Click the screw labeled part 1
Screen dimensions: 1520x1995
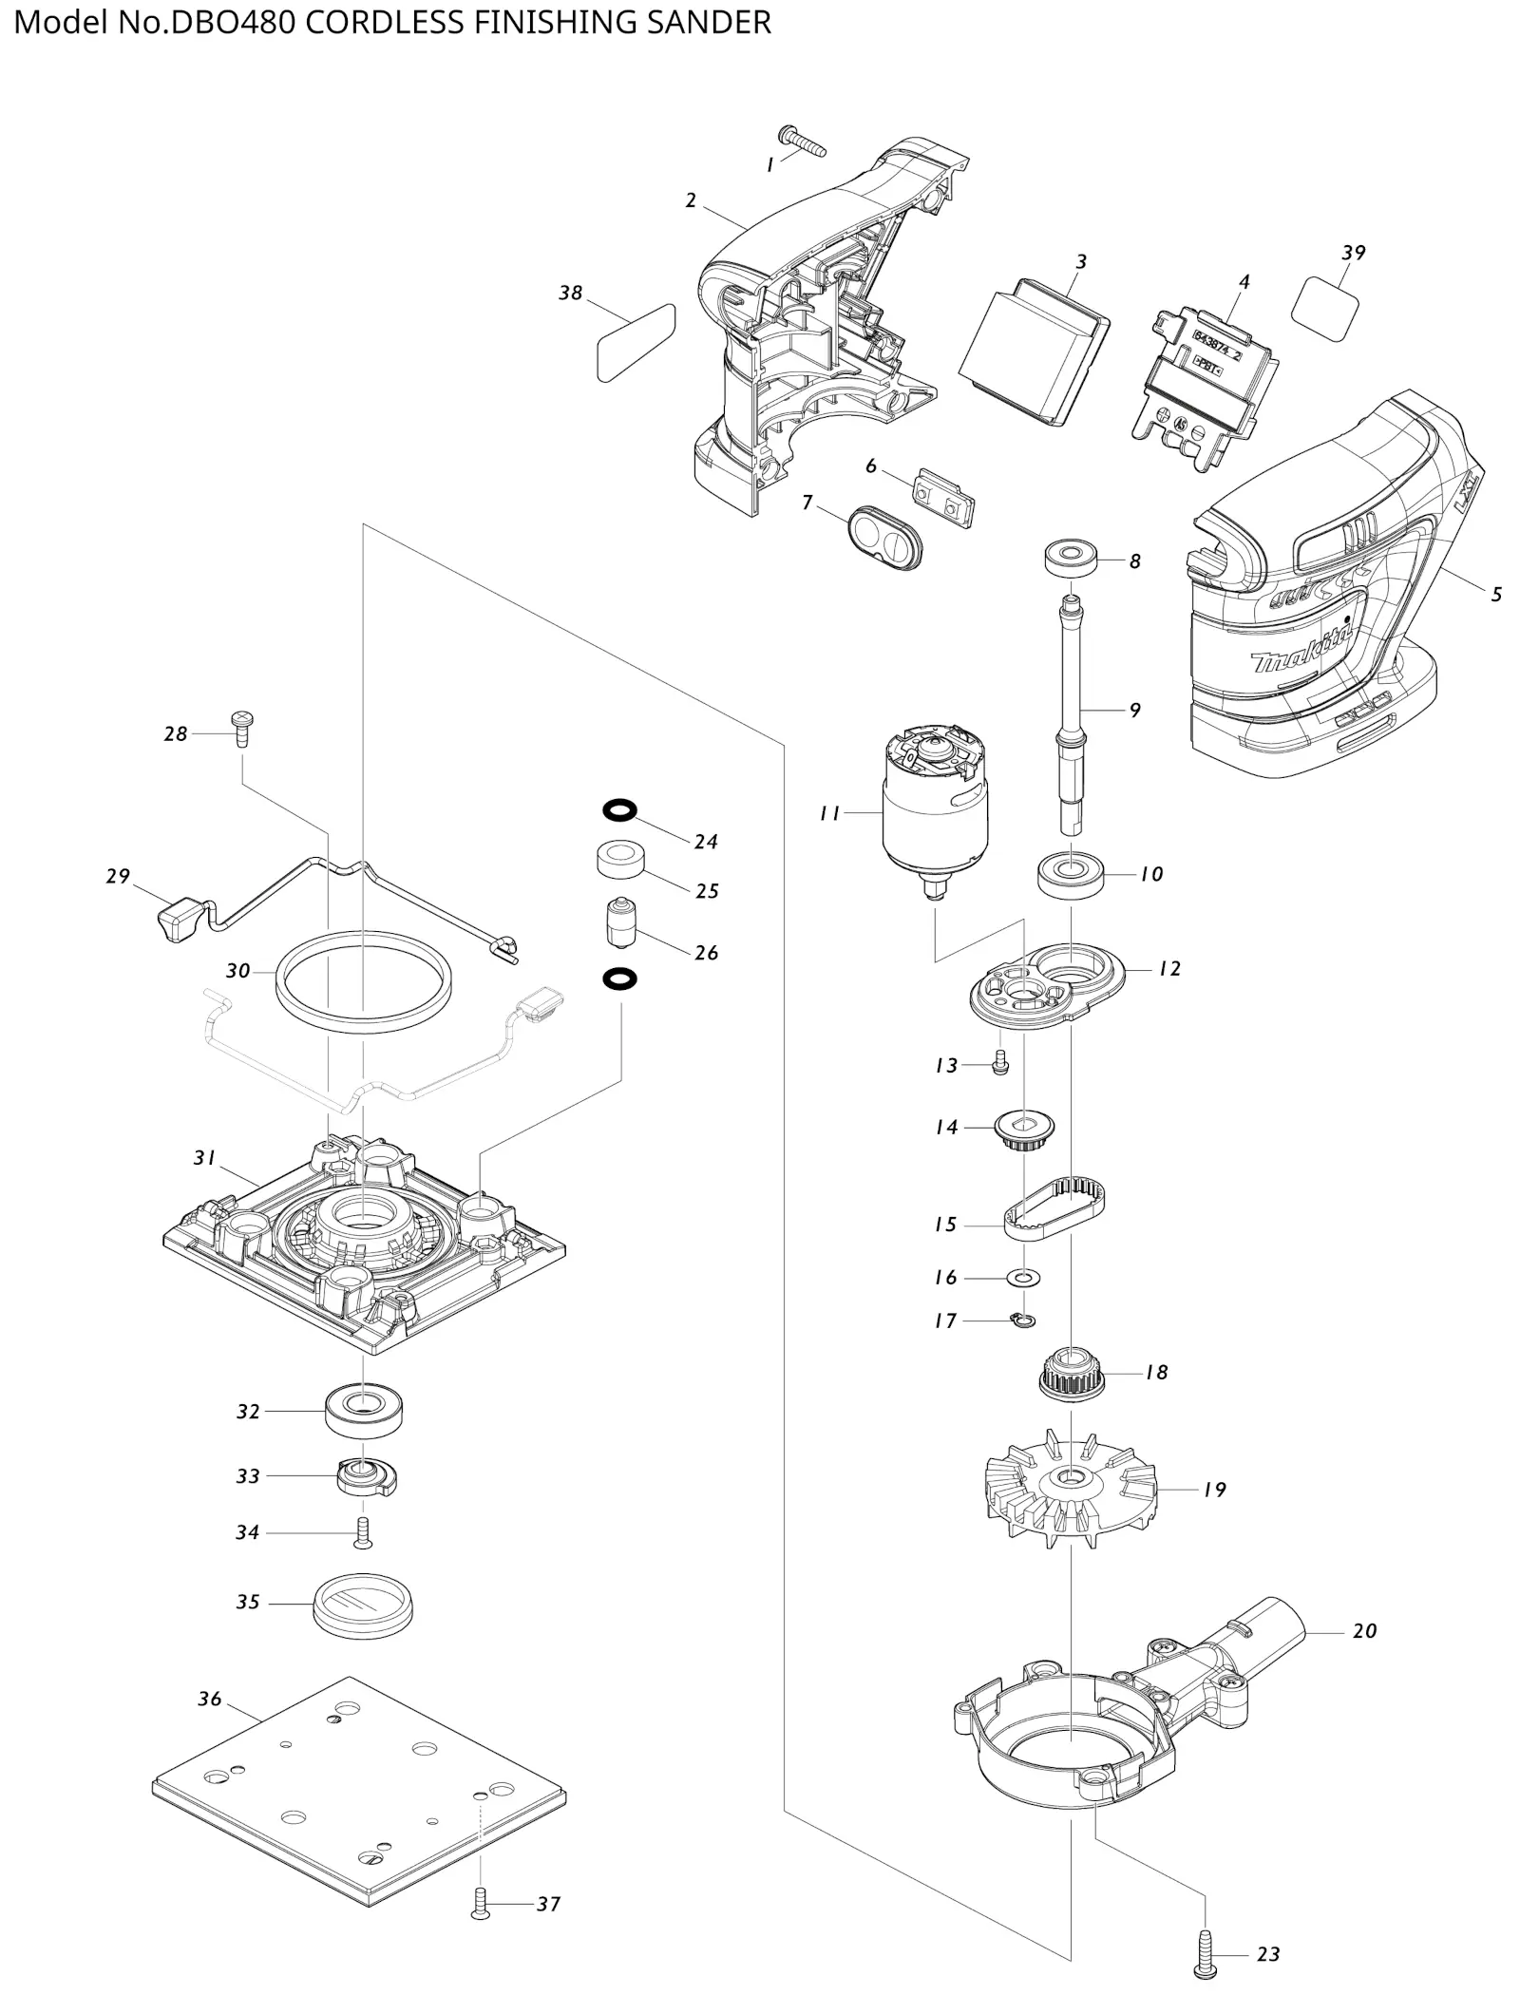tap(802, 141)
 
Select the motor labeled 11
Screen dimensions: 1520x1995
tap(935, 810)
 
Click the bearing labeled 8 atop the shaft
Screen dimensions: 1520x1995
tap(1071, 558)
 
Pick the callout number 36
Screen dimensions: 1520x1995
tap(209, 1699)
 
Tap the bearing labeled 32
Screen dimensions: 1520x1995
tap(364, 1411)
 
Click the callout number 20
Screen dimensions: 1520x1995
tap(1364, 1630)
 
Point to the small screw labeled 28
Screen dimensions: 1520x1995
tap(243, 730)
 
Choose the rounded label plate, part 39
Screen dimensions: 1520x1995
tap(1325, 309)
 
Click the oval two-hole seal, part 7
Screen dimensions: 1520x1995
tap(884, 538)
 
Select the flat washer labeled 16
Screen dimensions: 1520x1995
tap(1023, 1277)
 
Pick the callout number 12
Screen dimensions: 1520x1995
tap(1169, 968)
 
